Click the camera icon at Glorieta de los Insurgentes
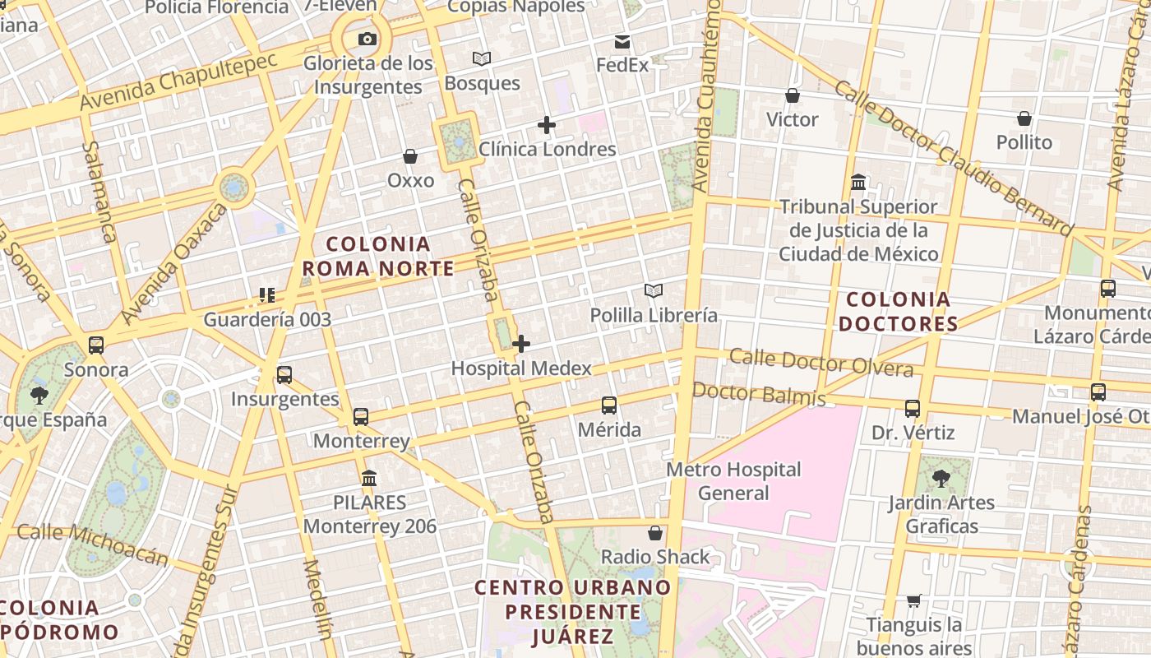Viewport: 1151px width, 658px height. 367,39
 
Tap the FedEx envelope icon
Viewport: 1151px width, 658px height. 622,41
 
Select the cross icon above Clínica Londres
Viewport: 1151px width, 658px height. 547,125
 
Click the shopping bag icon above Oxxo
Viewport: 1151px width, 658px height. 410,156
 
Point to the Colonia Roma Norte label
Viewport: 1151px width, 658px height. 378,256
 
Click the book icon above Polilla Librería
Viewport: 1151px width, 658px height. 654,290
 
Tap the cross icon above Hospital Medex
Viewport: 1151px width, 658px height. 521,344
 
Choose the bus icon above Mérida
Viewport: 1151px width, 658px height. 609,405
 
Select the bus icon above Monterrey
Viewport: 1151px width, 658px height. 361,416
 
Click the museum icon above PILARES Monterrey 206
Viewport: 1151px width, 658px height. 369,478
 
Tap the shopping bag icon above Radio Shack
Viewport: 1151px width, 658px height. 655,533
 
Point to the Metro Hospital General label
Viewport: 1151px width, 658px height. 733,481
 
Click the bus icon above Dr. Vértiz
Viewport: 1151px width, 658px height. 913,408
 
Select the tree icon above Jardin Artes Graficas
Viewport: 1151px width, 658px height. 941,477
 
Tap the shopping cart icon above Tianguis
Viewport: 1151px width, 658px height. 913,601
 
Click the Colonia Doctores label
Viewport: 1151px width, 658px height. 899,312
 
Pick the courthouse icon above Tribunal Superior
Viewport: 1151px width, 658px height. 859,181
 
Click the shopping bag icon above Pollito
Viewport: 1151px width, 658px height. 1024,118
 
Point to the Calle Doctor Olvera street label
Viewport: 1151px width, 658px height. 820,362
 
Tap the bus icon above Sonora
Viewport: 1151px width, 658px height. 96,345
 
